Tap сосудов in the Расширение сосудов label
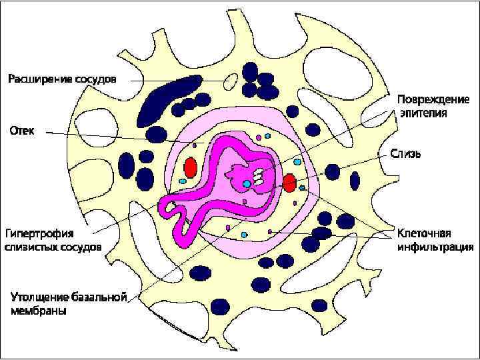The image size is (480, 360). tap(95, 79)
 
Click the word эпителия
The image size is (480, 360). tap(424, 113)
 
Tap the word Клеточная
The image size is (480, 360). tap(425, 233)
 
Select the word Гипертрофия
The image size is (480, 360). tap(40, 233)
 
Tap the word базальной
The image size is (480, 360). tap(100, 296)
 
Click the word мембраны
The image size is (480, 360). tap(38, 310)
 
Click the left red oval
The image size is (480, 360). tap(191, 167)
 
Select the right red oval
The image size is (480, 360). tap(289, 183)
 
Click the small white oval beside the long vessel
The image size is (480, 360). tap(231, 81)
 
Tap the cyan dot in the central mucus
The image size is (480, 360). tap(247, 183)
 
